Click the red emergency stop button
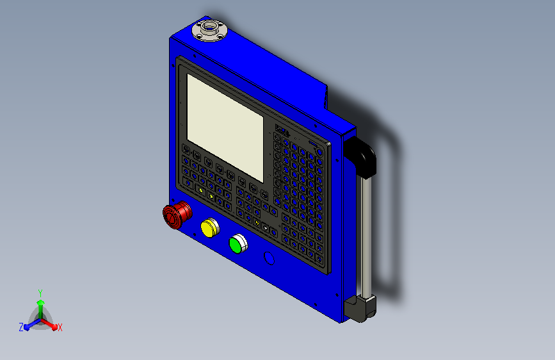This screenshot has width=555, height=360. click(x=177, y=215)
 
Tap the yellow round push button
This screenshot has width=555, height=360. click(x=209, y=227)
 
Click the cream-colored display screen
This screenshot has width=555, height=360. click(x=225, y=127)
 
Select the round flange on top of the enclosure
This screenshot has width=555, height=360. click(x=209, y=31)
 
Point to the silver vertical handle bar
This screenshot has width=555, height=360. click(x=366, y=236)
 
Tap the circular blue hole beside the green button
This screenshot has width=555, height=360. click(x=269, y=258)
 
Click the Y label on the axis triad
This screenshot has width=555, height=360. click(x=40, y=293)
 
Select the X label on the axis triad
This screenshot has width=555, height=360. click(x=60, y=328)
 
